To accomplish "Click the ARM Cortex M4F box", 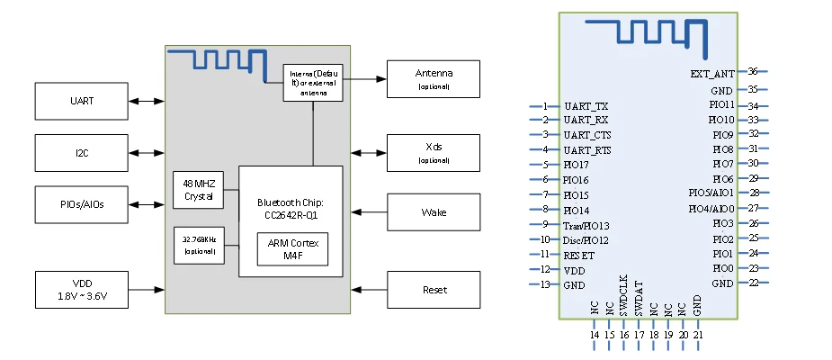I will coord(292,249).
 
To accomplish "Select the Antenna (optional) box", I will coord(434,78).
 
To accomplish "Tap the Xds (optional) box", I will coord(434,152).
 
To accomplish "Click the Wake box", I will coord(434,212).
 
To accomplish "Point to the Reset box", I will coord(434,290).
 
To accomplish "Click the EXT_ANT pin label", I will coord(712,73).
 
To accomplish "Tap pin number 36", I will coord(753,71).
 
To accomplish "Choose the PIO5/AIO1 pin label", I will coord(711,193).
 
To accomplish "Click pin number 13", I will coord(544,284).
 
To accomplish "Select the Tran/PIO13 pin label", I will coord(586,225).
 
